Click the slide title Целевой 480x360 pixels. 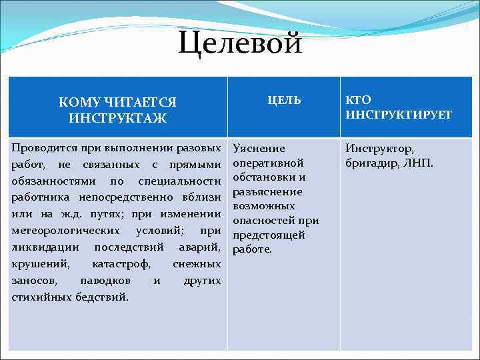tap(240, 44)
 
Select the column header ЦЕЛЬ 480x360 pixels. tap(284, 100)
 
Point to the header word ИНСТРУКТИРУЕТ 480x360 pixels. tap(398, 115)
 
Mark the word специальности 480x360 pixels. tap(179, 181)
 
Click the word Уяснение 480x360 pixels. tap(259, 148)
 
